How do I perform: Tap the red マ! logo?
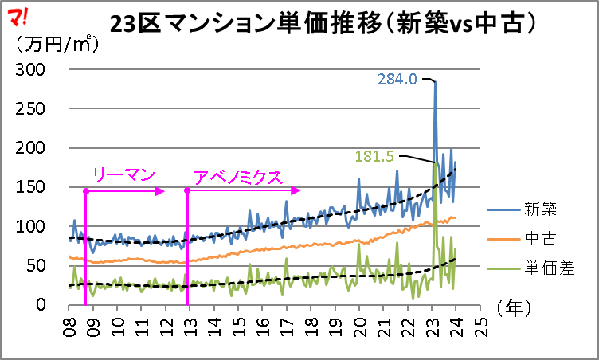coord(18,15)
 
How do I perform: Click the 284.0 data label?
coord(397,80)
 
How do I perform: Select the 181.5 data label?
coord(374,156)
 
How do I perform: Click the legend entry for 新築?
coord(539,209)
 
